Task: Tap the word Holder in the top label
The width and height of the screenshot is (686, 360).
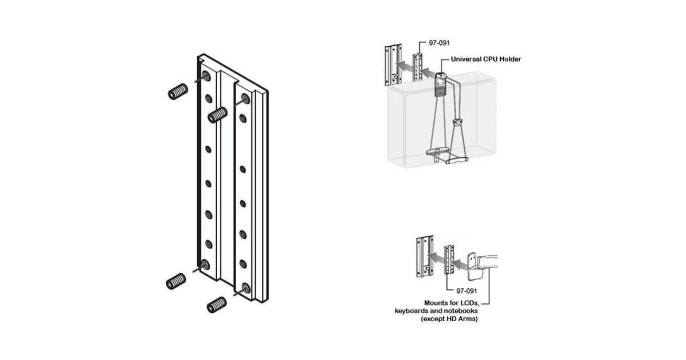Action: (x=510, y=59)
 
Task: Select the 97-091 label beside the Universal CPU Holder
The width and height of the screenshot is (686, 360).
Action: (x=439, y=43)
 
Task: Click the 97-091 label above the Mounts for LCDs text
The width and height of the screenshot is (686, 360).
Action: (x=466, y=291)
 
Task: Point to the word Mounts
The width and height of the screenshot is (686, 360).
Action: (x=435, y=303)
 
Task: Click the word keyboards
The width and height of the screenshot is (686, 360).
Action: (x=410, y=311)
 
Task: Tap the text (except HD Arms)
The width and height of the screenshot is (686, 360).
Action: (x=449, y=319)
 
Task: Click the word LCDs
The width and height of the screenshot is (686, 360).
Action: (x=469, y=303)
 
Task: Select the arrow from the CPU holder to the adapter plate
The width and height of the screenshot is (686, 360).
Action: (x=428, y=74)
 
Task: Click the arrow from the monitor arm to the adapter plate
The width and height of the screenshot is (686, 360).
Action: (x=460, y=264)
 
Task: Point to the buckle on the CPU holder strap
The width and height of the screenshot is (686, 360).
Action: (x=457, y=122)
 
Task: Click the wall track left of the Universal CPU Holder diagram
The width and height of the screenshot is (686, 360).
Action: (x=393, y=65)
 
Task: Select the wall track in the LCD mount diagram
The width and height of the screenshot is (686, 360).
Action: (x=424, y=257)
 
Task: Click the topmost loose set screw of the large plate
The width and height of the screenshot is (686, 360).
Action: (x=178, y=91)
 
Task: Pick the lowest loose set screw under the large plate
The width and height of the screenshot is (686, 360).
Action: (x=217, y=305)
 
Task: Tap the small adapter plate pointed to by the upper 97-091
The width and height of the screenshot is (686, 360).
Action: (x=418, y=67)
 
